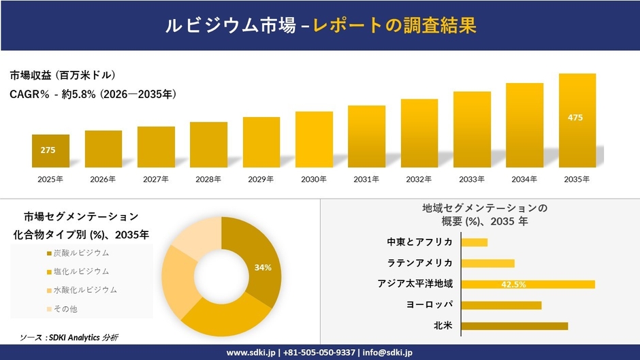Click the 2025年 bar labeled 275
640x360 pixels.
click(x=50, y=151)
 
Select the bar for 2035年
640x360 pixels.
click(x=577, y=120)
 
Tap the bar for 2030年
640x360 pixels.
click(x=314, y=140)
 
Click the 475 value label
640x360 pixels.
click(x=575, y=118)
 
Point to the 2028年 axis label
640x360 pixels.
click(x=208, y=180)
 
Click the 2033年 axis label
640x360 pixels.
click(x=472, y=180)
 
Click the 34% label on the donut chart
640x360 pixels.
click(x=263, y=267)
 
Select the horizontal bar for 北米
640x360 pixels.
click(x=514, y=326)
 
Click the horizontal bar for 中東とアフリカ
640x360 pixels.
click(x=475, y=242)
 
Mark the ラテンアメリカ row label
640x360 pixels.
click(x=420, y=263)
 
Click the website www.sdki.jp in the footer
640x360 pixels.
click(x=250, y=353)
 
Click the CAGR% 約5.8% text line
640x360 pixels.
click(x=93, y=95)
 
